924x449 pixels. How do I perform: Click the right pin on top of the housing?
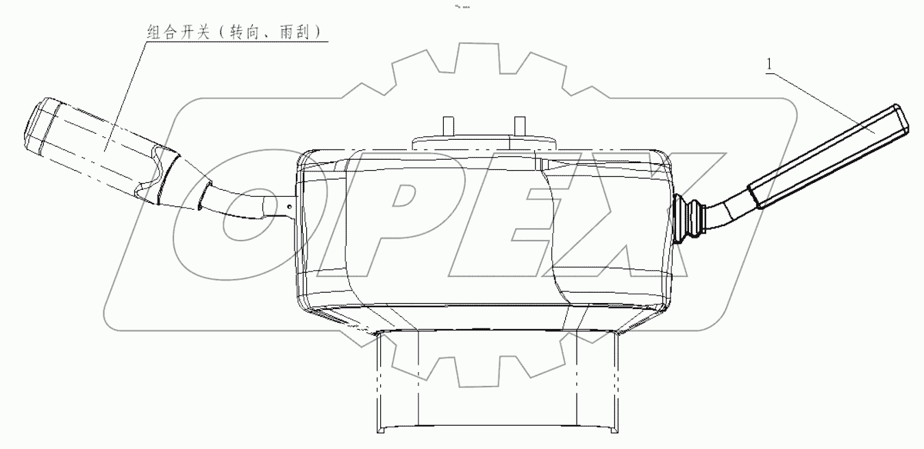pyautogui.click(x=519, y=126)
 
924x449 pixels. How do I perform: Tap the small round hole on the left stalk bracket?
pyautogui.click(x=291, y=204)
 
